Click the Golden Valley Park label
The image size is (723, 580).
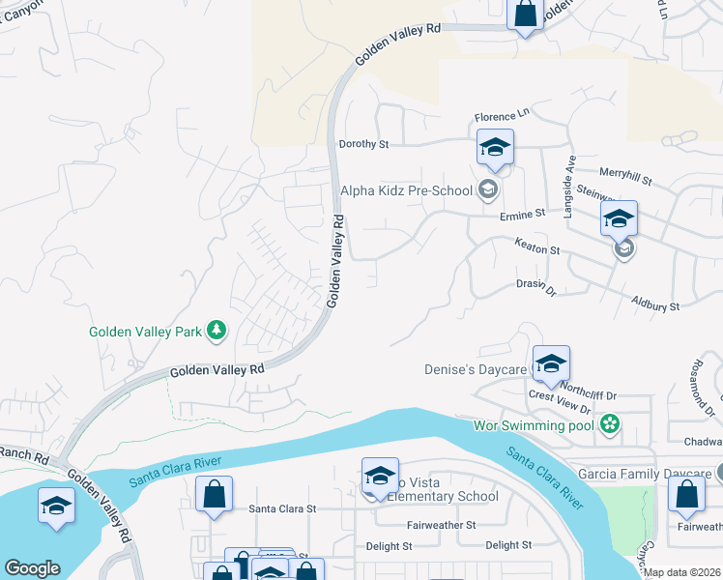pyautogui.click(x=145, y=332)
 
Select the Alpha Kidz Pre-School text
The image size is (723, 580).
pyautogui.click(x=409, y=190)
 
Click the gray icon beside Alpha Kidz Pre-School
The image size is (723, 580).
pyautogui.click(x=488, y=189)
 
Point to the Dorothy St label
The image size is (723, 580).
pyautogui.click(x=362, y=144)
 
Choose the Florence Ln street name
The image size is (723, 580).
pyautogui.click(x=503, y=116)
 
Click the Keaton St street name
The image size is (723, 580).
pyautogui.click(x=536, y=249)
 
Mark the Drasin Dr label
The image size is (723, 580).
pyautogui.click(x=536, y=288)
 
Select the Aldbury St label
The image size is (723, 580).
pyautogui.click(x=655, y=305)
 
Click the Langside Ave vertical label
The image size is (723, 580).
pyautogui.click(x=570, y=188)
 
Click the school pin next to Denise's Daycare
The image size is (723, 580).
pyautogui.click(x=551, y=363)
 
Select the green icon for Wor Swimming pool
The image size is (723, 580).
pyautogui.click(x=609, y=424)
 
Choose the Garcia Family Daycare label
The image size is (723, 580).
pyautogui.click(x=644, y=475)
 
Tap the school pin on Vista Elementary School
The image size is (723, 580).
pyautogui.click(x=381, y=476)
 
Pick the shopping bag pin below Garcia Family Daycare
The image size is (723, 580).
pyautogui.click(x=686, y=493)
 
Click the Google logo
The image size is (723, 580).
pyautogui.click(x=32, y=568)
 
